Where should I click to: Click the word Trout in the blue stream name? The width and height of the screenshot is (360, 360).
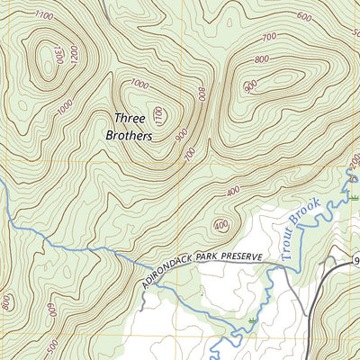point(290,245)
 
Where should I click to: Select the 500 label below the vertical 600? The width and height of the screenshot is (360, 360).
point(53,345)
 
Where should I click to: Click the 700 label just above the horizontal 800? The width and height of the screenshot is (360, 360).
point(267,37)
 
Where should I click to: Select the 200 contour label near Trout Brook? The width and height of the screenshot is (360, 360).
point(352,166)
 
